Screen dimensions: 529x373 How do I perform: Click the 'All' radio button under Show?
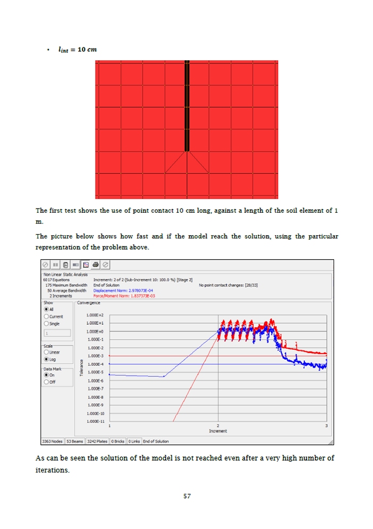46,309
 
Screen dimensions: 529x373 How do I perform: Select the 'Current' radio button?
46,317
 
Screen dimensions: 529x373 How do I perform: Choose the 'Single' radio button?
46,324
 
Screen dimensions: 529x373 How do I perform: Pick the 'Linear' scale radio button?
46,352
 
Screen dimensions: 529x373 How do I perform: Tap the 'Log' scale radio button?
46,359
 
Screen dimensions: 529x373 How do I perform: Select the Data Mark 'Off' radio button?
46,382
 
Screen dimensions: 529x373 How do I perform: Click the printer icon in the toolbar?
95,264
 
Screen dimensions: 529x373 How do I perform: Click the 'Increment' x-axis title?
218,431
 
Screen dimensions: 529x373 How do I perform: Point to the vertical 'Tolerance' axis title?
82,368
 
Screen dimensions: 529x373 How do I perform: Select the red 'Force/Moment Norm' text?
124,295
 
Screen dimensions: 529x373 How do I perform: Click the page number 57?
187,496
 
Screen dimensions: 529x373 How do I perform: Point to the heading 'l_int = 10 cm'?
78,50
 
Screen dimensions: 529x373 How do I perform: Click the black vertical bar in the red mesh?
187,107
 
